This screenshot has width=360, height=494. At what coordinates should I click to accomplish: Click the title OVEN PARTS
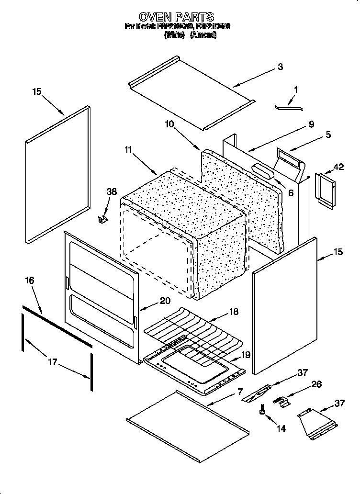[x=176, y=17]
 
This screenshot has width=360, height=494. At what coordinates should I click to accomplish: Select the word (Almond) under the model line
[x=203, y=35]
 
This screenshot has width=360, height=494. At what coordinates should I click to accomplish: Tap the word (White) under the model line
[x=174, y=35]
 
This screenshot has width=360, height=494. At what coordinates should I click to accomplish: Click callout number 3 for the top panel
[x=280, y=67]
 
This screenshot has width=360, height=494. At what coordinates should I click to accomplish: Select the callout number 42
[x=338, y=167]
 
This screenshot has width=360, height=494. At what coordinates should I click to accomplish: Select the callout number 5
[x=328, y=135]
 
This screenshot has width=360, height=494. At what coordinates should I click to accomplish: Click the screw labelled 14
[x=263, y=410]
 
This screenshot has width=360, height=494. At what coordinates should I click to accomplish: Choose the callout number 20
[x=164, y=301]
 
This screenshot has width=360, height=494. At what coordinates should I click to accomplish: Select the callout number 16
[x=30, y=281]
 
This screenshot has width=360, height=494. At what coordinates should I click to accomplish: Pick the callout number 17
[x=52, y=362]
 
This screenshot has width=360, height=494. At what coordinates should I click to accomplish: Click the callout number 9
[x=311, y=124]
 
